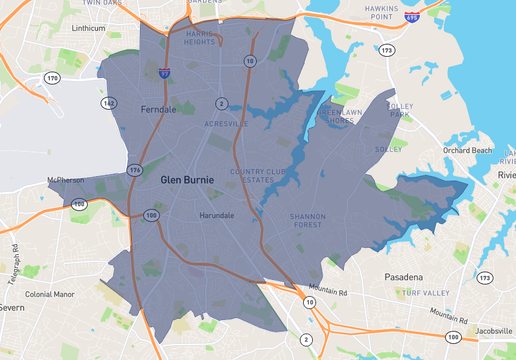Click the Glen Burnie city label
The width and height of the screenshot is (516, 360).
click(x=187, y=180)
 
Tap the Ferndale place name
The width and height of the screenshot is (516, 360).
click(x=158, y=108)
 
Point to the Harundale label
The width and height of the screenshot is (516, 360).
click(x=217, y=215)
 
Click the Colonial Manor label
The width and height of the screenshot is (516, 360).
click(x=50, y=294)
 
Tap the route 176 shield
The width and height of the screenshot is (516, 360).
click(x=135, y=170)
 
